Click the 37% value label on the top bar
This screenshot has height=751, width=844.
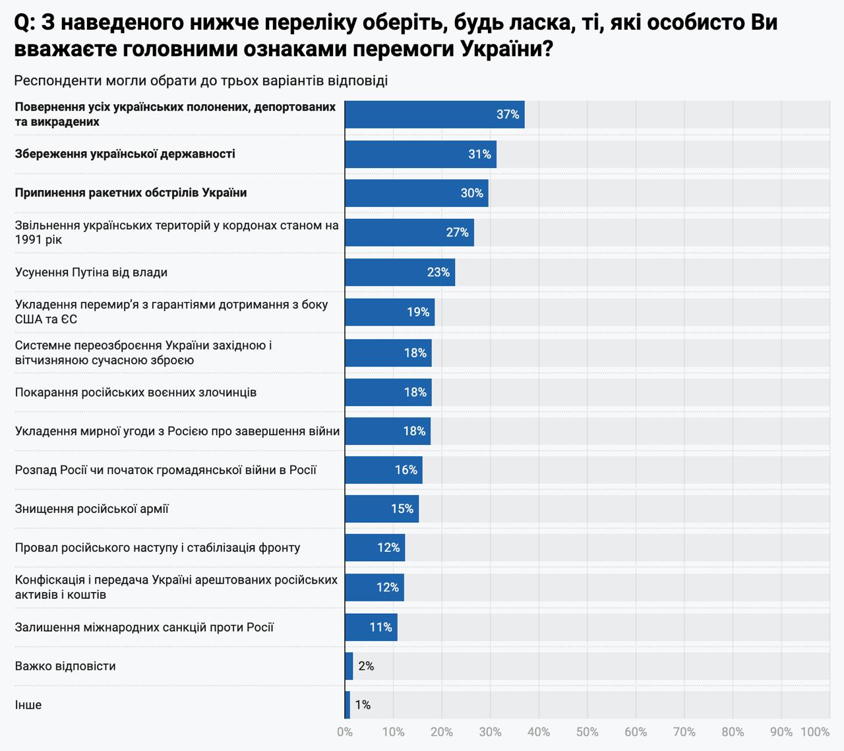tap(508, 115)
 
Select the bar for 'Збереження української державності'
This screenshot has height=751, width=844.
tap(420, 154)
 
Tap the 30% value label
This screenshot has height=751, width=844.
tap(471, 193)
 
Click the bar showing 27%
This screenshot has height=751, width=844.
tap(409, 232)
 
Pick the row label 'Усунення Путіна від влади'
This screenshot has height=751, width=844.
tap(91, 272)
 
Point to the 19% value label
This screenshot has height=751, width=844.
tap(418, 312)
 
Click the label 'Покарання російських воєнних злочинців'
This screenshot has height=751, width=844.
tap(136, 392)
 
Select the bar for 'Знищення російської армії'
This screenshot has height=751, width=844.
tap(381, 509)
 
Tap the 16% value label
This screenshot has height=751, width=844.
tap(406, 470)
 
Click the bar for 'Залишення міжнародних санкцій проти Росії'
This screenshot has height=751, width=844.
tap(371, 627)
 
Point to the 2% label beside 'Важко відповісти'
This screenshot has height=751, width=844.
tap(366, 666)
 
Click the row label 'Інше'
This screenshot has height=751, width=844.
tap(28, 705)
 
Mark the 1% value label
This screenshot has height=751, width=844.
tap(363, 705)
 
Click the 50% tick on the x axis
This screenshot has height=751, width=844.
tap(587, 732)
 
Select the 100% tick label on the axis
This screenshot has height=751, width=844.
tap(815, 732)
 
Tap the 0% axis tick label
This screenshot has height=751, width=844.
tap(344, 732)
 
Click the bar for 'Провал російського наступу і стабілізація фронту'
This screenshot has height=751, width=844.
tap(375, 548)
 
